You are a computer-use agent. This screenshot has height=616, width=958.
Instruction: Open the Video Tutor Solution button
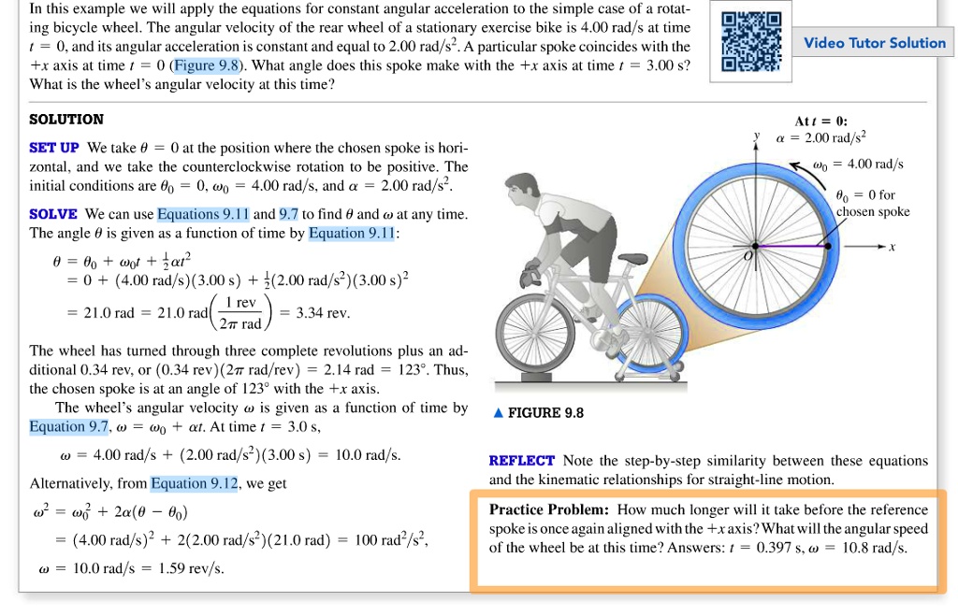(875, 43)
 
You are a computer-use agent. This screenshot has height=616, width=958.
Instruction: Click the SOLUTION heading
(66, 120)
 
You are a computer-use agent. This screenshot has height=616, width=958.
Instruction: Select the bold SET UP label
(54, 149)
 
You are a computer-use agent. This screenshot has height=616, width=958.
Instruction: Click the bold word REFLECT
(521, 461)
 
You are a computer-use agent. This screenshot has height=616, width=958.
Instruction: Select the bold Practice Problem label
(548, 509)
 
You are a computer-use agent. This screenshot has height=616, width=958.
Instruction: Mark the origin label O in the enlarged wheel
(748, 254)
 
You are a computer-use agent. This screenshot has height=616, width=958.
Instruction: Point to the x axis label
(893, 248)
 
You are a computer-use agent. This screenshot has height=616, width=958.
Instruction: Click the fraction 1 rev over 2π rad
(245, 313)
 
